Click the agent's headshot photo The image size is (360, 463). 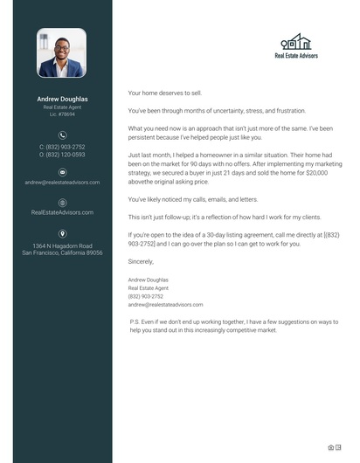(61, 52)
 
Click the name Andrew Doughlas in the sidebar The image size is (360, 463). (62, 100)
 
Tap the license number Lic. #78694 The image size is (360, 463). (62, 114)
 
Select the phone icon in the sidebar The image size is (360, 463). (62, 135)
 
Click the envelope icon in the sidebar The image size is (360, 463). (62, 173)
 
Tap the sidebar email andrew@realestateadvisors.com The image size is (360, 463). (62, 183)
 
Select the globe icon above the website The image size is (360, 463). (62, 202)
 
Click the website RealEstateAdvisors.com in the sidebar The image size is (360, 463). (62, 212)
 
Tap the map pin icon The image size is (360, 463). (62, 233)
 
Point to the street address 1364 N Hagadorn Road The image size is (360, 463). (62, 245)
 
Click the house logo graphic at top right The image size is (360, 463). (296, 42)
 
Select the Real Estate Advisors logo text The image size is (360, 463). (296, 56)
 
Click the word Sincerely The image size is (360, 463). (141, 261)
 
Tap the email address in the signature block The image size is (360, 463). (165, 304)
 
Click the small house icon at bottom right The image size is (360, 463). (331, 447)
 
